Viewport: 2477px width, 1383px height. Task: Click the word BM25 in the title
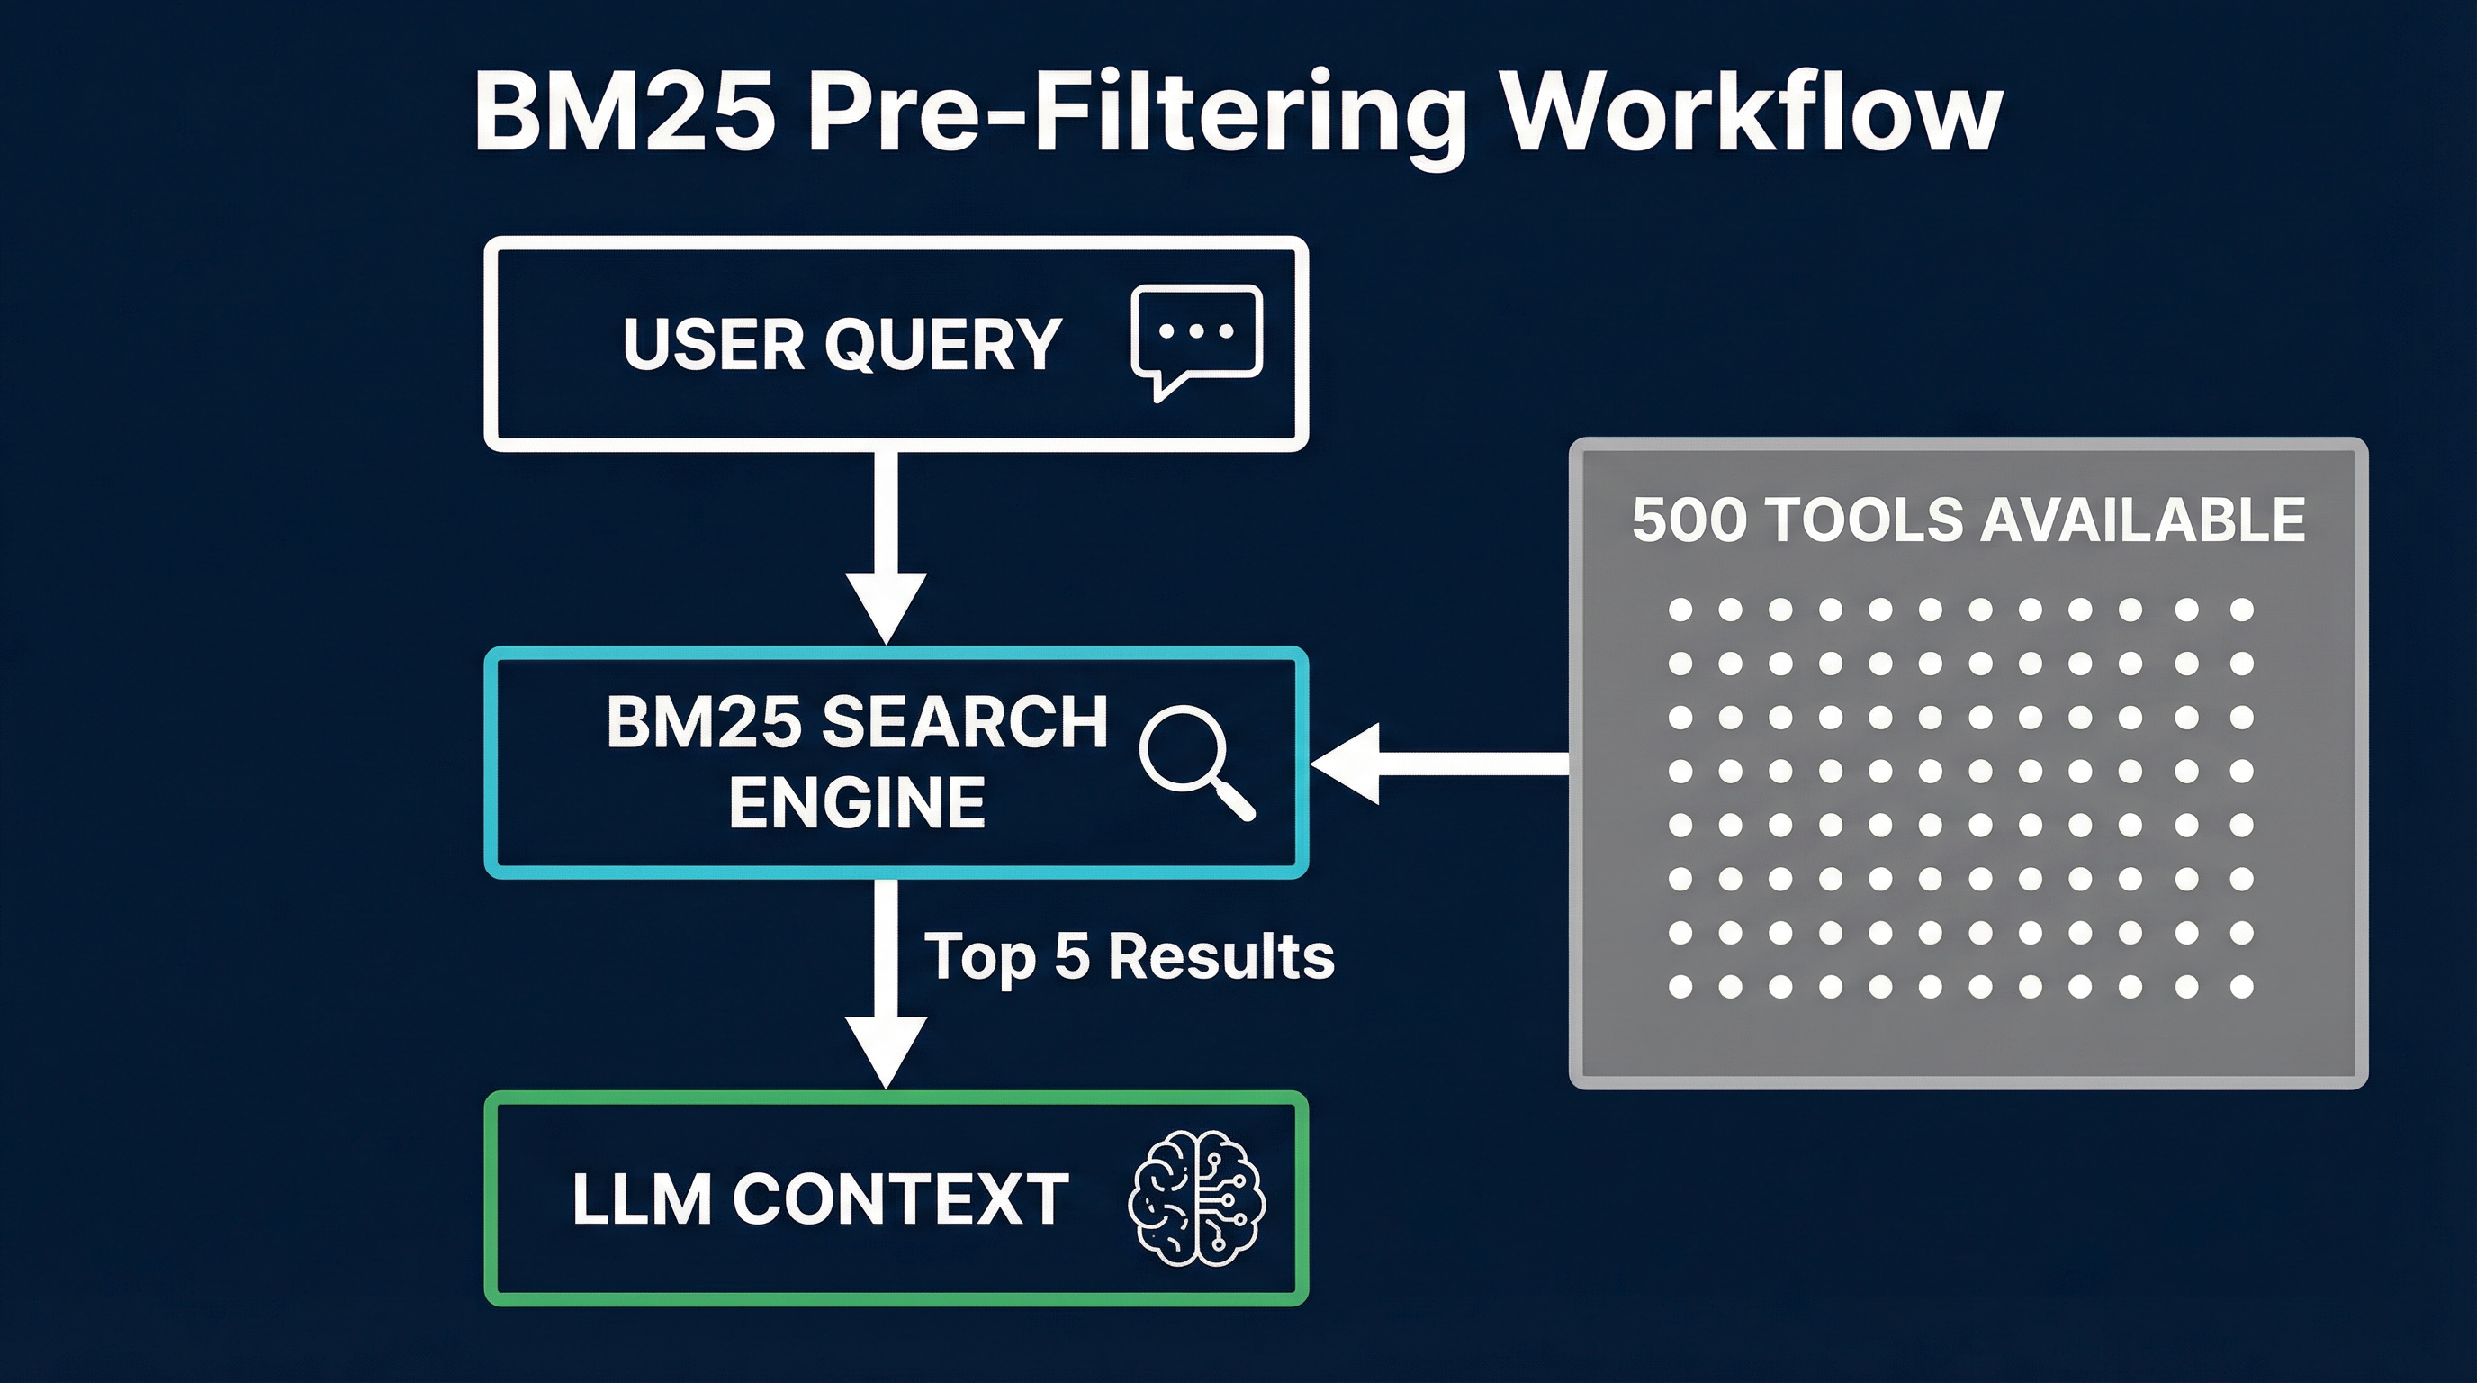click(624, 114)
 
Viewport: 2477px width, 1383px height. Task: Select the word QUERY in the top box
click(942, 344)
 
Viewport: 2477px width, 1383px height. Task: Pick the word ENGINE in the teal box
click(857, 803)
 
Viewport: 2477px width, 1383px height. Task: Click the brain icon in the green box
click(1197, 1198)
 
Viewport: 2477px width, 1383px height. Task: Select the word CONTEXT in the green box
click(901, 1199)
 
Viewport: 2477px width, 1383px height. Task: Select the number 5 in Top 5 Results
click(1071, 957)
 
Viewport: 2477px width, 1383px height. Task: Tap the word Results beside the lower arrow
click(1221, 957)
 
